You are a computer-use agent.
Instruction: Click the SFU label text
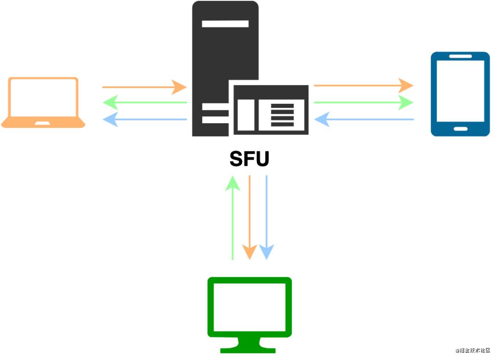tap(249, 159)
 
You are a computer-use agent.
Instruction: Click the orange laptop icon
tap(43, 102)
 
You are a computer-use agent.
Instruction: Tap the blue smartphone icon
tap(460, 94)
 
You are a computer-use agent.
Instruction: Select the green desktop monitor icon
tap(249, 315)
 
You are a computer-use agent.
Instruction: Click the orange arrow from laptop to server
tap(144, 87)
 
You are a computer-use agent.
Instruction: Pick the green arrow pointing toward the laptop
tap(145, 102)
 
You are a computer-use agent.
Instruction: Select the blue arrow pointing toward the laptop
tap(145, 119)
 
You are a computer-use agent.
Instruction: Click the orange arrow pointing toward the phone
tap(364, 85)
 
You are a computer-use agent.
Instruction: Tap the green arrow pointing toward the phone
tap(364, 102)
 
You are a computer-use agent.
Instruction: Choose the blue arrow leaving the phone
tap(364, 119)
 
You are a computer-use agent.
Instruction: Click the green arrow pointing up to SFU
tap(233, 218)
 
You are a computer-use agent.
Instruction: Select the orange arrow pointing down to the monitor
tap(249, 217)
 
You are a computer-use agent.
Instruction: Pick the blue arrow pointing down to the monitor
tap(267, 217)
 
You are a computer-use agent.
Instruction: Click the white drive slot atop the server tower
tap(225, 24)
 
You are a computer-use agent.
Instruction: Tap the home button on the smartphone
tap(461, 129)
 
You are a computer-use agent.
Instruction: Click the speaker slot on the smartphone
tap(461, 56)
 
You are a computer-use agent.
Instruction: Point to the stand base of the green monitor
tap(248, 350)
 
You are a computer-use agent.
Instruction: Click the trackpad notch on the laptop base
tap(42, 123)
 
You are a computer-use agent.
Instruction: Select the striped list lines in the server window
tap(282, 115)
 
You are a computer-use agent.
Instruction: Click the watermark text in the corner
tap(473, 350)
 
